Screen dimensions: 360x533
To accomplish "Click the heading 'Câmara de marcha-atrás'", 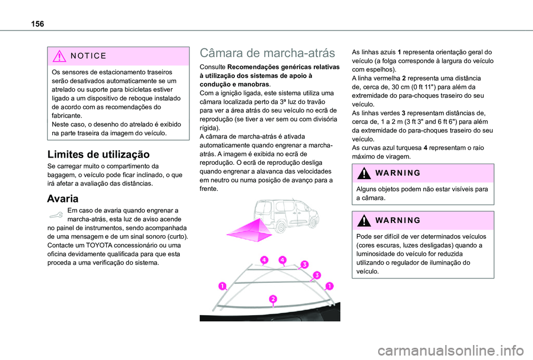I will coord(267,53).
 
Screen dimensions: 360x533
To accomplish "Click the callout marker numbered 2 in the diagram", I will coord(273,300).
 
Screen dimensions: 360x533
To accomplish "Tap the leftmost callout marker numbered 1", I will coord(222,286).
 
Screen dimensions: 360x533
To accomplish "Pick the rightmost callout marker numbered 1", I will coord(329,286).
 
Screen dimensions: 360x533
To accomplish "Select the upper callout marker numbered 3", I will coord(304,264).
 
